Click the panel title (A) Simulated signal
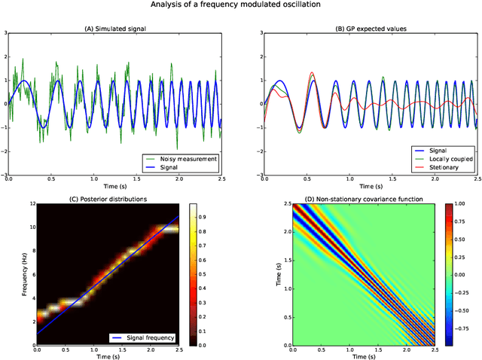[x=114, y=28]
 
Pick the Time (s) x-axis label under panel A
[x=114, y=186]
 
